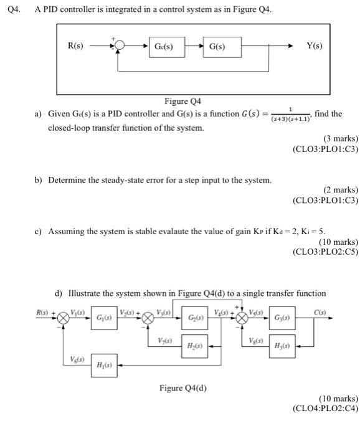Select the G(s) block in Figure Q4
217,47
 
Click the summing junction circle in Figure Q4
120,47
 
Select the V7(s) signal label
166,341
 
